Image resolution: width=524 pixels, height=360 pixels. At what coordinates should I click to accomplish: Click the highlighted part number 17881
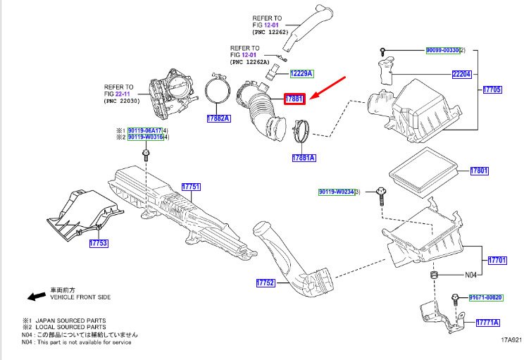click(294, 100)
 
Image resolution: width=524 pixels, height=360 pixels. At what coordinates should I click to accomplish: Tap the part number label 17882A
click(218, 118)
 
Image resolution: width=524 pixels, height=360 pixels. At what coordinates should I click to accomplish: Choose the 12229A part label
click(302, 73)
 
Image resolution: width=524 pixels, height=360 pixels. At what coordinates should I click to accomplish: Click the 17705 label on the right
click(492, 90)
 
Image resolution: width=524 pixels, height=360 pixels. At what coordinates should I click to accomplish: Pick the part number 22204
click(461, 74)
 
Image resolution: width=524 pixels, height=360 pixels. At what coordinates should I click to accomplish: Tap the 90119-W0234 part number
click(335, 192)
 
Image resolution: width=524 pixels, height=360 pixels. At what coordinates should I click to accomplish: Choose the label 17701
click(497, 261)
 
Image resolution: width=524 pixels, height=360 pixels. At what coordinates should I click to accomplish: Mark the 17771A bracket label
click(487, 323)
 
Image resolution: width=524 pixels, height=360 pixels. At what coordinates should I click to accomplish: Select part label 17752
click(266, 283)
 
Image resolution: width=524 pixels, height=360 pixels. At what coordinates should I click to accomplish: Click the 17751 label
click(191, 187)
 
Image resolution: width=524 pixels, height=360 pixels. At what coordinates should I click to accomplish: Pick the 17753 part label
click(99, 243)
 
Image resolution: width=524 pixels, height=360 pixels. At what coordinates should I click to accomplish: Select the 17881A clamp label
click(304, 158)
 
